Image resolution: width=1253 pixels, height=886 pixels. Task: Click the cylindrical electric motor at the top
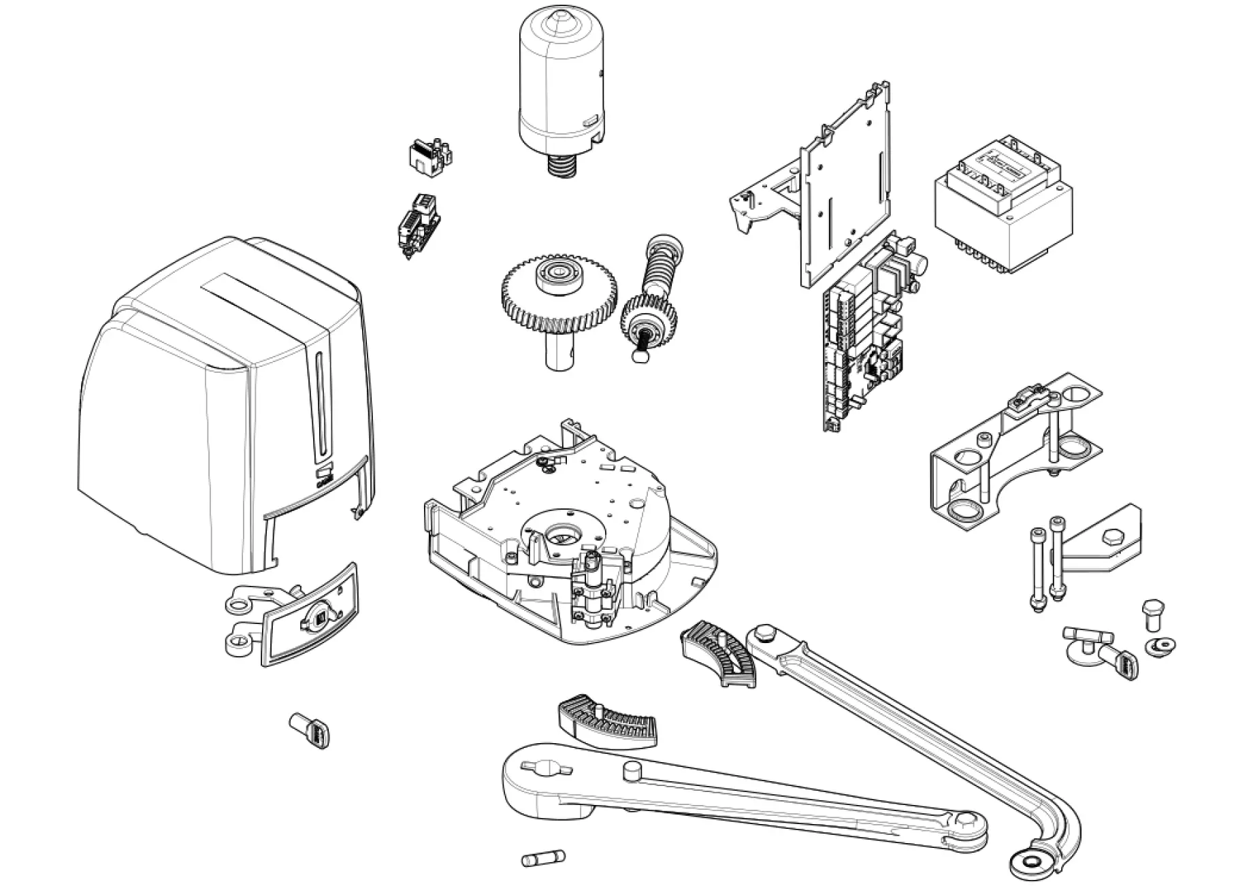coord(561,82)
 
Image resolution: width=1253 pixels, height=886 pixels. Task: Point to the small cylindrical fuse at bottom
coord(543,858)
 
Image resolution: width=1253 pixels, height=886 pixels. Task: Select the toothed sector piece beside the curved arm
coord(719,654)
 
